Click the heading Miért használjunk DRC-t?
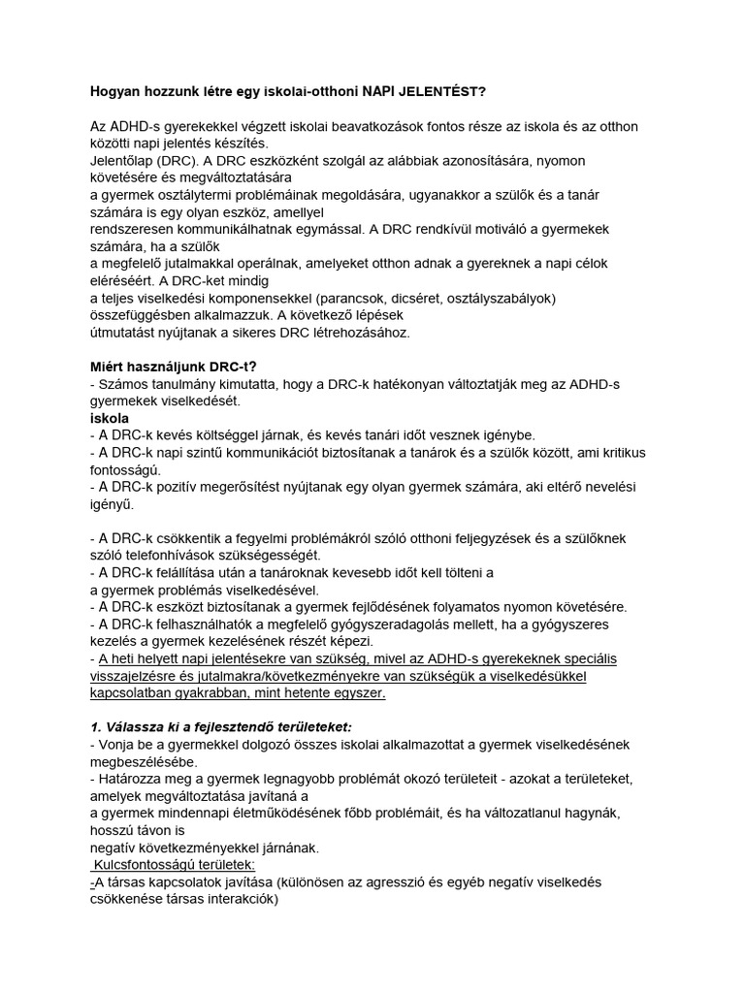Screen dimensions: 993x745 175,367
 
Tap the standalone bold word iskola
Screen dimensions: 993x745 110,418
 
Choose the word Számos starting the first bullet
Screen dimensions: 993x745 122,384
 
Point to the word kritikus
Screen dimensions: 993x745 616,453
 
